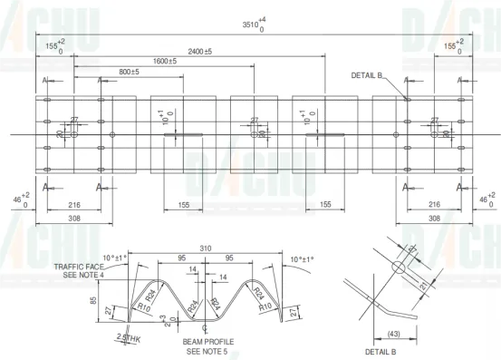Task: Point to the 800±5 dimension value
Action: pos(130,71)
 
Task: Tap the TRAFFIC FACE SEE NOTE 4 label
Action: pos(82,270)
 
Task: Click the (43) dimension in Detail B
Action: pos(392,334)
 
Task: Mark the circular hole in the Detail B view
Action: pos(397,267)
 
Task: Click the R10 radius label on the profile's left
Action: pos(144,307)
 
